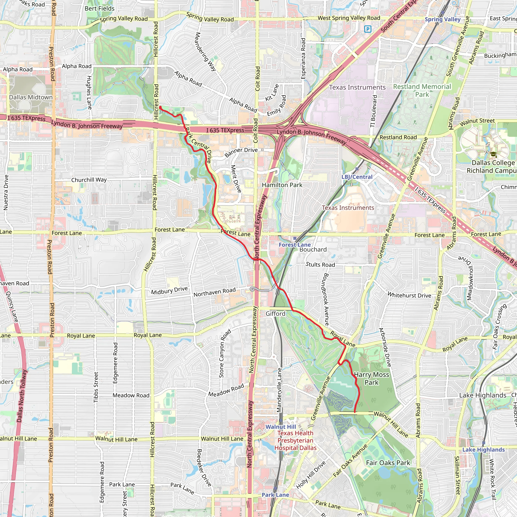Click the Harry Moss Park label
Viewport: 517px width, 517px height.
click(x=371, y=378)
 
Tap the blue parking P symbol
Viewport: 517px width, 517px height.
click(x=368, y=29)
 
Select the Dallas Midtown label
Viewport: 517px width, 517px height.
click(x=31, y=97)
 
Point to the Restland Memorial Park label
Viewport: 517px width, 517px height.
click(x=422, y=90)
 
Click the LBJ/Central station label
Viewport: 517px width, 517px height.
click(x=357, y=177)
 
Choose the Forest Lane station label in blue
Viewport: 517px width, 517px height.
click(x=295, y=245)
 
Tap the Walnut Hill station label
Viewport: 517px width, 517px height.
click(x=281, y=427)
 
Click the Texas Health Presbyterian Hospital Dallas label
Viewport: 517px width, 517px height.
click(x=295, y=441)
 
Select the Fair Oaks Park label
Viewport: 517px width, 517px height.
click(x=388, y=463)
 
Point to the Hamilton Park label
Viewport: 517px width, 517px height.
click(x=282, y=185)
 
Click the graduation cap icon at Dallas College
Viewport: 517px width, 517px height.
click(x=493, y=155)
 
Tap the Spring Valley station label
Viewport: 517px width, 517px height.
click(x=443, y=19)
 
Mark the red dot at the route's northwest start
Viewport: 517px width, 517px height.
click(x=160, y=108)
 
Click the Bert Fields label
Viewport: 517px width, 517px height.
click(x=99, y=9)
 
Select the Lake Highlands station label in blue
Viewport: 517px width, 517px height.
click(x=483, y=450)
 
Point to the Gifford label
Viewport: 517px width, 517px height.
click(x=275, y=314)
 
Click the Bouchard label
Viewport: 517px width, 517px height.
click(x=313, y=249)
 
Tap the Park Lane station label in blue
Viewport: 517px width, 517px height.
click(x=275, y=495)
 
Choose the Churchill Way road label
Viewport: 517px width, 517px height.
click(x=89, y=180)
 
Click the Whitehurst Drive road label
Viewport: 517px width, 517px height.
click(x=409, y=295)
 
